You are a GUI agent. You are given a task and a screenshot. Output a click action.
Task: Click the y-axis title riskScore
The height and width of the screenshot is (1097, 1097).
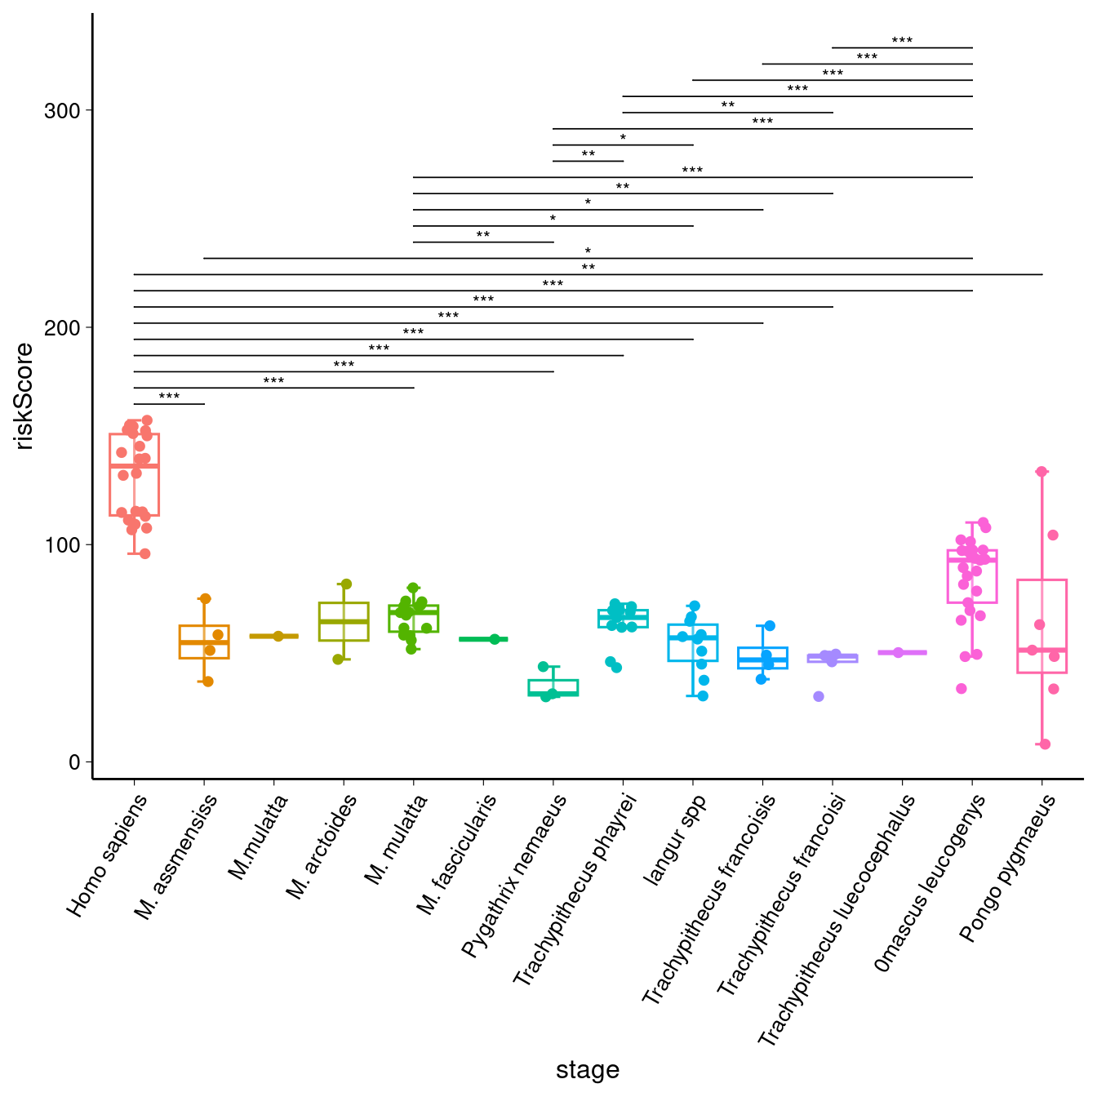24,397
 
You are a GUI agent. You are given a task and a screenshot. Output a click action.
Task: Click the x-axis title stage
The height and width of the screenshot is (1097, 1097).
587,1070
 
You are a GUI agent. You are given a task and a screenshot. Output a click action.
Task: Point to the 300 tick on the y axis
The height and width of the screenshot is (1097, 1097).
67,111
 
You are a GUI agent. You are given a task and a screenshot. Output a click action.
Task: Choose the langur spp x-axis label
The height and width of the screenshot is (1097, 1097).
675,840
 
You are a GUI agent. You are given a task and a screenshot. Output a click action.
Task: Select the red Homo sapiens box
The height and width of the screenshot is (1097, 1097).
135,474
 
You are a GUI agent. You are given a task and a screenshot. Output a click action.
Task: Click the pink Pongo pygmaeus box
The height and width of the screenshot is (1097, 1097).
1041,626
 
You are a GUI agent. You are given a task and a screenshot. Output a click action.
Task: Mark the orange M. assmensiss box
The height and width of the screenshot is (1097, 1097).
204,642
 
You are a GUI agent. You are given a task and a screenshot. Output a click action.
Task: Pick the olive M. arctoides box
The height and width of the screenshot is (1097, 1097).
344,622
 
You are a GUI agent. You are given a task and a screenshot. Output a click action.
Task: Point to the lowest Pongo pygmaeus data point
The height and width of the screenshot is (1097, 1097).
1045,744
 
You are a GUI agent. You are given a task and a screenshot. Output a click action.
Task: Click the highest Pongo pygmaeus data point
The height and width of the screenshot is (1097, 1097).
1041,472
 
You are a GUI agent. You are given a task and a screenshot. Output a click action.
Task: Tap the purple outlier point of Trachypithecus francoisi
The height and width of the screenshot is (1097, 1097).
819,696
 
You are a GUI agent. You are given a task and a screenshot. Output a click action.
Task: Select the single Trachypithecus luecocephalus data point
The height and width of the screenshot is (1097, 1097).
898,653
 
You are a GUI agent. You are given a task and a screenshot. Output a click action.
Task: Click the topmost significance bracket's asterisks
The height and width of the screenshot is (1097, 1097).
902,41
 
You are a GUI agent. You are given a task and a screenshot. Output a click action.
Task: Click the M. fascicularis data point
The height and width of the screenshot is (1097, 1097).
495,639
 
